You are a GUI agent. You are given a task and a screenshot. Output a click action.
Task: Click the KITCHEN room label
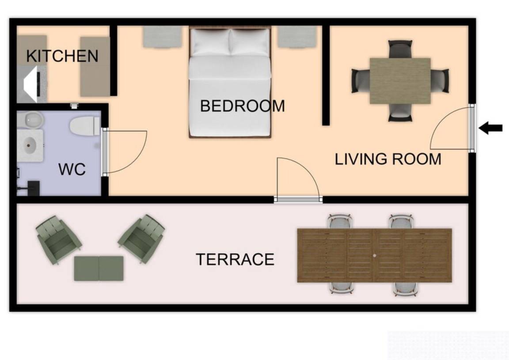click(62, 56)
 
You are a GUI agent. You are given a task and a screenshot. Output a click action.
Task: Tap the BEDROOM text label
click(242, 106)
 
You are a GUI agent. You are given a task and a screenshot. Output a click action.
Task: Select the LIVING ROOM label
click(388, 159)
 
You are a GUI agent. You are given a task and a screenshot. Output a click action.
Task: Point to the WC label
click(72, 169)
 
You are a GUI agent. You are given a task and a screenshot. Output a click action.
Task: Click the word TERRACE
click(235, 259)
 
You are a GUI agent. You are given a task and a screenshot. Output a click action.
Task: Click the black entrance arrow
click(490, 128)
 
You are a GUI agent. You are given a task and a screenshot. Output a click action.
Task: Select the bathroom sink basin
click(30, 145)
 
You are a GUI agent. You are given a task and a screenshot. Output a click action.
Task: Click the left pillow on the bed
click(211, 42)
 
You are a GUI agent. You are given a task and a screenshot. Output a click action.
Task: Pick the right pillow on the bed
click(249, 42)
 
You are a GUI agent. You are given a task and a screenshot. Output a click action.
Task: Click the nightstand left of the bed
click(163, 37)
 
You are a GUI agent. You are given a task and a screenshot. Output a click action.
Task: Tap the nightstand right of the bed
click(297, 37)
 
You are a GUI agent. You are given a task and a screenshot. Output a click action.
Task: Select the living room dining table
click(400, 81)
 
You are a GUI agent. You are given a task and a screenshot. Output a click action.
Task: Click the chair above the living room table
click(400, 49)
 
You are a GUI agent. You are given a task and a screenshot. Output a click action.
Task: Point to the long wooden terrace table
click(375, 255)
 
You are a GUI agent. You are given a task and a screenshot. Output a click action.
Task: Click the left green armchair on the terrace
click(58, 239)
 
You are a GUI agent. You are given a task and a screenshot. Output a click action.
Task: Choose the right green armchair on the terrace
click(141, 238)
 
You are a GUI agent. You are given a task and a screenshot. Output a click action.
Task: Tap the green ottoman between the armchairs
click(99, 269)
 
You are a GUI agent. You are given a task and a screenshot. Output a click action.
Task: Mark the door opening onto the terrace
click(298, 199)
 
